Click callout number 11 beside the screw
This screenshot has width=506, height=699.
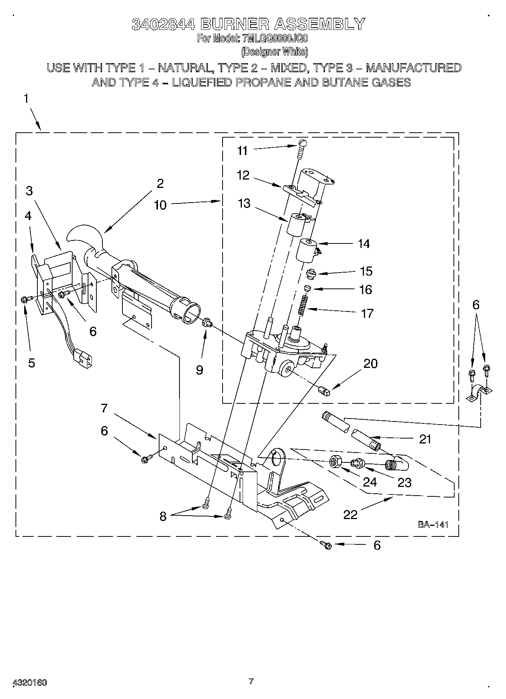(x=242, y=151)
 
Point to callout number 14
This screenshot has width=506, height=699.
(x=364, y=244)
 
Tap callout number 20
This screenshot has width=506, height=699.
(x=370, y=364)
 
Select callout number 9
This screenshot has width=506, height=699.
(x=199, y=370)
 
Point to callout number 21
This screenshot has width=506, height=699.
(x=425, y=439)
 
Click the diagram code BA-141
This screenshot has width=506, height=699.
(x=433, y=524)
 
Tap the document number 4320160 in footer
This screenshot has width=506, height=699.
(x=30, y=683)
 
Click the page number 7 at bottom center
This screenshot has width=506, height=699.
(x=251, y=682)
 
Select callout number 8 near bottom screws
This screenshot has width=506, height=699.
(x=163, y=517)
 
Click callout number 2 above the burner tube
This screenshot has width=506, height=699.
(x=160, y=184)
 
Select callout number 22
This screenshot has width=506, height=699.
(x=350, y=515)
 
